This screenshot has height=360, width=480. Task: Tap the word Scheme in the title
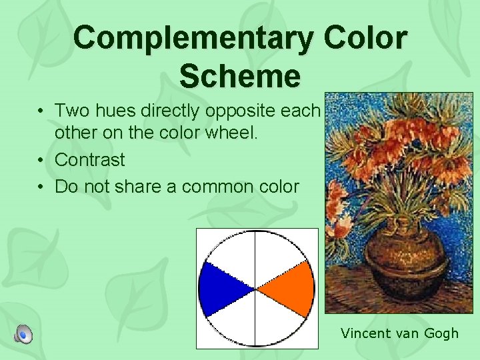[240, 76]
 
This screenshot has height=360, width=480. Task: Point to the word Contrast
[89, 160]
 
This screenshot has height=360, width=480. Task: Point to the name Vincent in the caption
[365, 333]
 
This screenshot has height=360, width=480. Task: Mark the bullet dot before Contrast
[41, 161]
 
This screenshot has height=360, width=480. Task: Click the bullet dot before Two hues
[41, 110]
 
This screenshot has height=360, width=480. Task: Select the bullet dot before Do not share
[41, 187]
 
